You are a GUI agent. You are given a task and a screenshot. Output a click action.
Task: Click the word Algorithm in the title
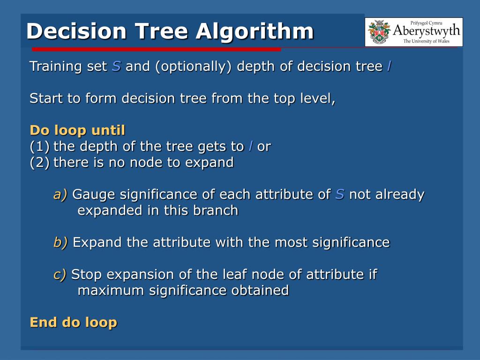tap(255, 31)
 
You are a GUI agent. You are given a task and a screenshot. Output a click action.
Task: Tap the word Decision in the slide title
tap(76, 31)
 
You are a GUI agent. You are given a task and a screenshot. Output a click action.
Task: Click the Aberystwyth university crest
tap(379, 32)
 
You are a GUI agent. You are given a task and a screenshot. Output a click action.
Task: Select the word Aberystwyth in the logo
tap(427, 31)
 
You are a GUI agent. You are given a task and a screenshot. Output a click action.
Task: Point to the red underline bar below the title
tap(156, 49)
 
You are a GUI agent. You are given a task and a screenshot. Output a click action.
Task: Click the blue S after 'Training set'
tap(116, 66)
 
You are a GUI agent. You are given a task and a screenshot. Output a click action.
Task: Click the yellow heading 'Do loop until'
tap(77, 130)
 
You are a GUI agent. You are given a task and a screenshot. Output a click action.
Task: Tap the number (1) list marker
tap(39, 146)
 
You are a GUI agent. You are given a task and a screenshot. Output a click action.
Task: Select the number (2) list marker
tap(39, 162)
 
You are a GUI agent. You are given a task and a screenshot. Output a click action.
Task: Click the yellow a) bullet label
tap(60, 195)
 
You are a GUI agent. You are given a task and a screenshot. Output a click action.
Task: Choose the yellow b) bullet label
tap(60, 242)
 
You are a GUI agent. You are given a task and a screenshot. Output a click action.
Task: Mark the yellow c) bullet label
tap(60, 274)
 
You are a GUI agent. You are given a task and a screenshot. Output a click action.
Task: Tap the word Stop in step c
tap(86, 275)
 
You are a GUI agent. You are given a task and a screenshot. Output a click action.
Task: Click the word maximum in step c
tap(111, 290)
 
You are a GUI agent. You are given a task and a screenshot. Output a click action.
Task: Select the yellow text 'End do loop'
tap(74, 322)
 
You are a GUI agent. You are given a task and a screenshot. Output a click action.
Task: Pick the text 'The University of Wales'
tap(426, 41)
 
